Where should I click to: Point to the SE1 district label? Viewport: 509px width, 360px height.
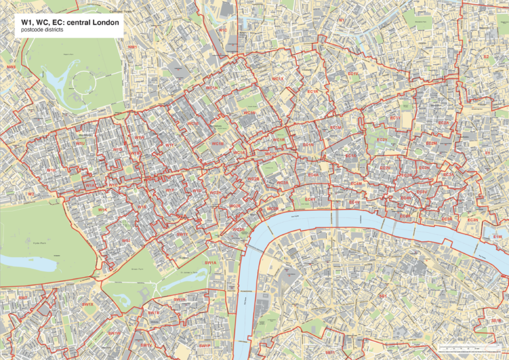[x=383, y=296]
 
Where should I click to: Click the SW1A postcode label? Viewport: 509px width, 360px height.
[x=210, y=263]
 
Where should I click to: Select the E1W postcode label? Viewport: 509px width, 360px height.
[x=497, y=237]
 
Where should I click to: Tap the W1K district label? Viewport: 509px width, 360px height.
[x=103, y=210]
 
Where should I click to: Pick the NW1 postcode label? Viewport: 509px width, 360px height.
[x=133, y=48]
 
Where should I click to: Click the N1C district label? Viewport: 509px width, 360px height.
[x=223, y=30]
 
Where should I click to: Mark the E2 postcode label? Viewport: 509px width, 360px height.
[x=486, y=58]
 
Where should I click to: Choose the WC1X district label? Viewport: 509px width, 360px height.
[x=278, y=80]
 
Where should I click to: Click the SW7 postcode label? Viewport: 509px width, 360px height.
[x=23, y=298]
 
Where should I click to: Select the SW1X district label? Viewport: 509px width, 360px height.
[x=87, y=304]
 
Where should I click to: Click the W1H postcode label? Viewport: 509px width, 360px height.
[x=52, y=170]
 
